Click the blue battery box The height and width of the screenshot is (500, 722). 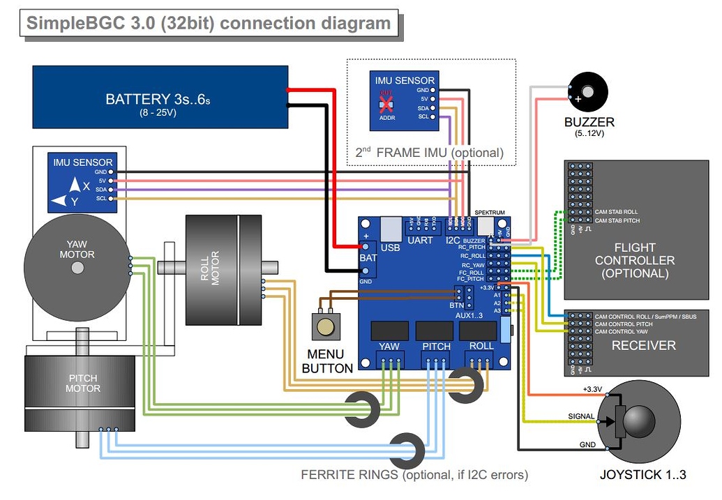[x=160, y=97]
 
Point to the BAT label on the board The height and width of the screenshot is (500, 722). [x=368, y=258]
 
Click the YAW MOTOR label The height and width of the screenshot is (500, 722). [x=77, y=250]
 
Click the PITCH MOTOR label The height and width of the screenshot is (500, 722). [x=83, y=384]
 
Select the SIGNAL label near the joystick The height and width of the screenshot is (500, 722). [x=580, y=417]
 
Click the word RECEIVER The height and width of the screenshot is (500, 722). [x=643, y=346]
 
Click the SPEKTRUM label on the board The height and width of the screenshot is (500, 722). [x=488, y=212]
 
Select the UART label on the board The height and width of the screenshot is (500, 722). [x=420, y=241]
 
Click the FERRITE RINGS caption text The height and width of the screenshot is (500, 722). [x=414, y=476]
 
